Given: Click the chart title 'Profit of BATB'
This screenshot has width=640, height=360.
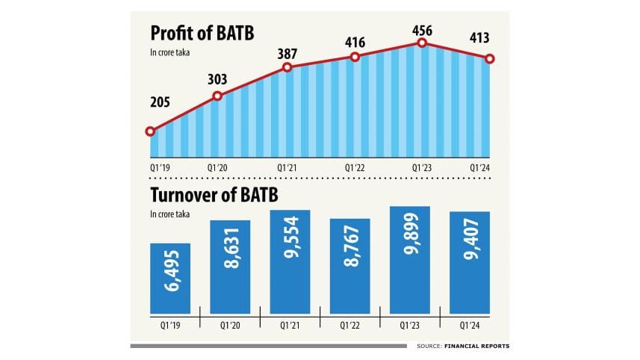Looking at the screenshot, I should click(x=202, y=34).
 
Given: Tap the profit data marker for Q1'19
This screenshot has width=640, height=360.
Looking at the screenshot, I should click(x=150, y=131).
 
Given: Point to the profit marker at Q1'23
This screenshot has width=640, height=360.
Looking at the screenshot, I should click(x=422, y=43).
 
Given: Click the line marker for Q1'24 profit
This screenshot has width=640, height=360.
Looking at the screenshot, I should click(x=490, y=58).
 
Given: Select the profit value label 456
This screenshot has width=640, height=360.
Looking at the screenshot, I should click(x=422, y=27).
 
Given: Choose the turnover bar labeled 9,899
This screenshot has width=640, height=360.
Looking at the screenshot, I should click(x=410, y=260).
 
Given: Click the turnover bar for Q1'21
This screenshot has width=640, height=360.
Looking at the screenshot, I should click(x=290, y=261).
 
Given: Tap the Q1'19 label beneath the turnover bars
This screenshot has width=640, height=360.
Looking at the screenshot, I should click(x=170, y=326).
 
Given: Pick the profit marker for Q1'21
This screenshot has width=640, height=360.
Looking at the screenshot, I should click(x=287, y=68).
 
